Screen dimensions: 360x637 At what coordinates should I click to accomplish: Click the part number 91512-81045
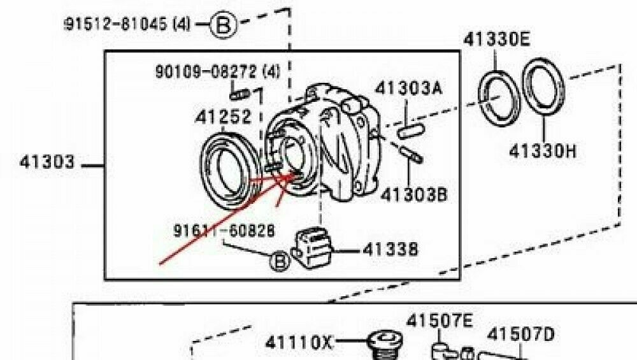[x=126, y=25]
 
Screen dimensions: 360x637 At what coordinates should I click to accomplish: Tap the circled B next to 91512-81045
[x=224, y=25]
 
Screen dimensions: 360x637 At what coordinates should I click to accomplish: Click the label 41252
[x=222, y=117]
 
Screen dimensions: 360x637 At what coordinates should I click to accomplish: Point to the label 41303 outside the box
[x=48, y=163]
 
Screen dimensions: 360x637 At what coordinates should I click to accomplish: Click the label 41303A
[x=408, y=88]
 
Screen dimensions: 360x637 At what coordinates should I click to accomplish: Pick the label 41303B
[x=411, y=193]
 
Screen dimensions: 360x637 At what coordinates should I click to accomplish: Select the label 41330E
[x=496, y=40]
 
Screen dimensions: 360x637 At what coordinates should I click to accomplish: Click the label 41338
[x=390, y=249]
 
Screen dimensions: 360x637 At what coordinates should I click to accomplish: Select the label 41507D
[x=520, y=333]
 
